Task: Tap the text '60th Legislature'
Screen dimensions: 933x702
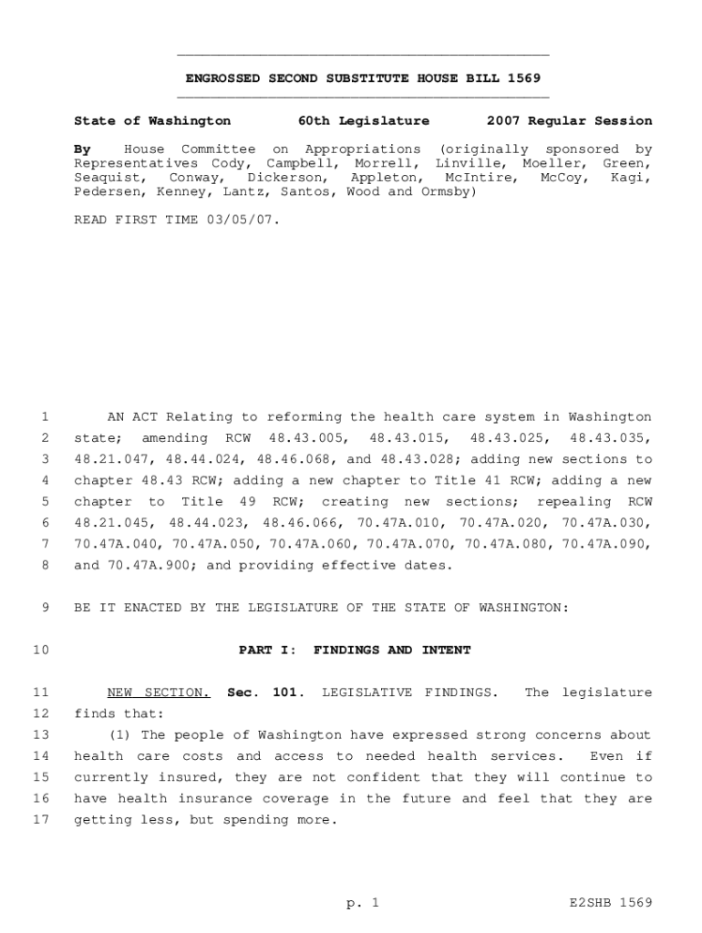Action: (363, 120)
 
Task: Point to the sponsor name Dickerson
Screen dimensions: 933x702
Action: (286, 178)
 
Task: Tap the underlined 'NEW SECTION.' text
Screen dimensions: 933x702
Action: (159, 692)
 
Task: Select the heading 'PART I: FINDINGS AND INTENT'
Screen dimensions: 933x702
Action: (355, 650)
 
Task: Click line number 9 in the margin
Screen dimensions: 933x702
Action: (45, 608)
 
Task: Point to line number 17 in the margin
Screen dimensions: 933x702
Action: (40, 820)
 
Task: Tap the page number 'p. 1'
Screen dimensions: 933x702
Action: (362, 903)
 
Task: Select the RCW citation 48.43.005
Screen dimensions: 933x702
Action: (308, 438)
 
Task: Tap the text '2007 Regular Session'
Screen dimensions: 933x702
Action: (569, 120)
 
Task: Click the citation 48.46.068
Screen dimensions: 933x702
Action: (293, 459)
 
